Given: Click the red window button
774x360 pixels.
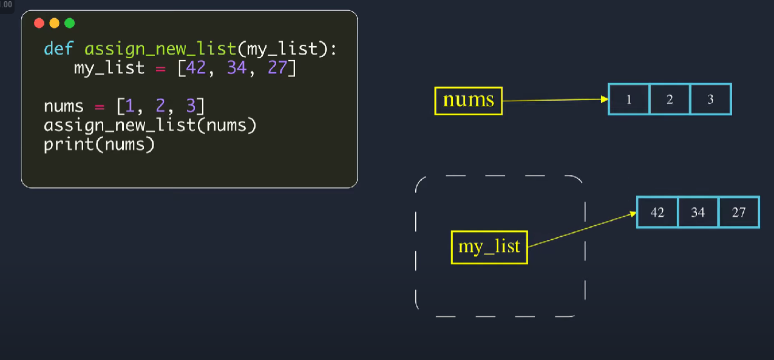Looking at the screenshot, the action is (39, 23).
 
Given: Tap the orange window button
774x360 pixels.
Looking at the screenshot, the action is (54, 23).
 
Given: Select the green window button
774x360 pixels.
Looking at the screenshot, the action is (69, 23).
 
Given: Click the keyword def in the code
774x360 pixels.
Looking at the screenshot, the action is (58, 49).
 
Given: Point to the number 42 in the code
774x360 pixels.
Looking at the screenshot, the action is (196, 67).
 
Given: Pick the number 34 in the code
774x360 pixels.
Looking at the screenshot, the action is (237, 67).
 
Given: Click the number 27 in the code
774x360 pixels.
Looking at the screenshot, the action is (277, 67).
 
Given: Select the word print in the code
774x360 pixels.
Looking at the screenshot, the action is (69, 144).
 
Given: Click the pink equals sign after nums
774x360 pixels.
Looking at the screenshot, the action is (100, 107).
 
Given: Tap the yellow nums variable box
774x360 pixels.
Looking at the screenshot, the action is (468, 101).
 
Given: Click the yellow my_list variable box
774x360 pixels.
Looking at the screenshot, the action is (489, 247).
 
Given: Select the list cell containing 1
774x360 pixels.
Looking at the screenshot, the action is (629, 100).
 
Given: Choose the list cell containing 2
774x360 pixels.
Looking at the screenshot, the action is (670, 100).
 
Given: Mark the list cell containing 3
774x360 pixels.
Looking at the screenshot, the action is (711, 100).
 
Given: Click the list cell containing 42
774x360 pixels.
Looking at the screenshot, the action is (657, 212).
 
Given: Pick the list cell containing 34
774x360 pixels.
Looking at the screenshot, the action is (698, 212).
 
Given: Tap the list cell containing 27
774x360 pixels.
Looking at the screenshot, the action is (739, 212).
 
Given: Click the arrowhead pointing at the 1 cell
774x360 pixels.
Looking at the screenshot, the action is (605, 100).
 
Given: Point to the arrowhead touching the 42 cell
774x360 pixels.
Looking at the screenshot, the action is (633, 214).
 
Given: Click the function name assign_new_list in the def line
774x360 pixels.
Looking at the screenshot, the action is (160, 49).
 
